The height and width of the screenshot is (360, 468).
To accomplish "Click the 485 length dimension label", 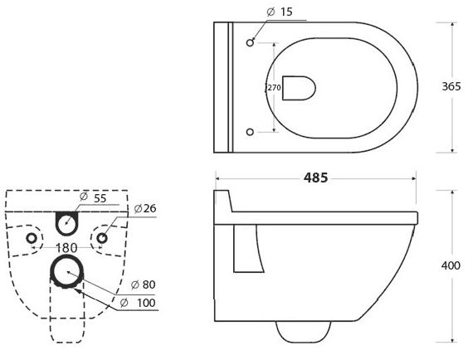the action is (315, 178).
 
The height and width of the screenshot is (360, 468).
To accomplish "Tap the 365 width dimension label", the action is (451, 86).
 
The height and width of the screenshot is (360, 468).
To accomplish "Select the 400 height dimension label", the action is (451, 265).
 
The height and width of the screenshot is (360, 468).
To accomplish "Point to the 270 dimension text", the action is (274, 88).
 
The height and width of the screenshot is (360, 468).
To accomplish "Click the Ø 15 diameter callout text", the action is (280, 12).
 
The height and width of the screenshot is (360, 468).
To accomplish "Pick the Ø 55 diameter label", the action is (93, 197).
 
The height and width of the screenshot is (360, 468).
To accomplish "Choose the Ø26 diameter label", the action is (145, 208).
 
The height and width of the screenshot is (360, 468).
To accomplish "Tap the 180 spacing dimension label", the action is (66, 247).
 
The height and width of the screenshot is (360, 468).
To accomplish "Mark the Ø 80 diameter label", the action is (144, 285).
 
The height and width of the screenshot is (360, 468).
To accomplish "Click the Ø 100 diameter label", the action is (138, 303).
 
